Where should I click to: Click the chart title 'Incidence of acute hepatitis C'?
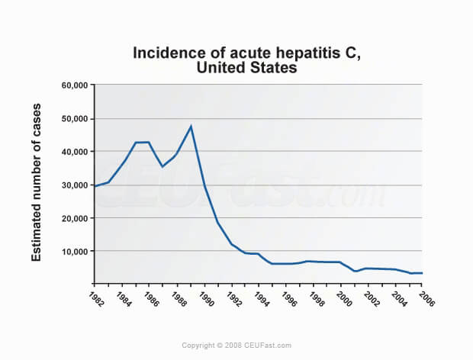coord(236,53)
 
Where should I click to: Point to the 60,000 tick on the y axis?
coord(75,85)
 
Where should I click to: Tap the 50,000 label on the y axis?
coord(75,119)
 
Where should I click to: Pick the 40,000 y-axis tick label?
coord(75,152)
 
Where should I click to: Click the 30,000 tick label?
coord(75,185)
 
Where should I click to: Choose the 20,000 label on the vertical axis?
coord(75,218)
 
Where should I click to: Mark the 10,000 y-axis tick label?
coord(75,252)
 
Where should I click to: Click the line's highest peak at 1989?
coord(191,126)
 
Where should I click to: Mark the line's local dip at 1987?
coord(162,166)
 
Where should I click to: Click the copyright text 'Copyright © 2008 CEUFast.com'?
coord(236,346)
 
